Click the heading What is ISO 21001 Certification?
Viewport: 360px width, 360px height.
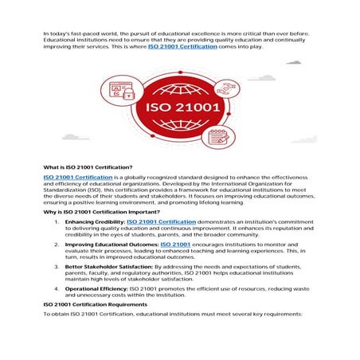(x=88, y=167)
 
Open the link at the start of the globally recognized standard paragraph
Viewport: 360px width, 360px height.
(x=77, y=176)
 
